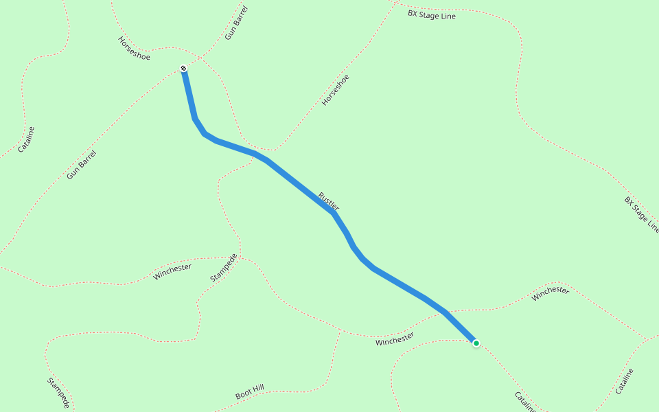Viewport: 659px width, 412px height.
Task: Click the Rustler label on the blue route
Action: [329, 201]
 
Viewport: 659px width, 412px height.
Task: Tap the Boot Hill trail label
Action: [249, 392]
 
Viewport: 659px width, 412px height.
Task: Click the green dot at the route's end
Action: [476, 343]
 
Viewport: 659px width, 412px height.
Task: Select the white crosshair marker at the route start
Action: [183, 68]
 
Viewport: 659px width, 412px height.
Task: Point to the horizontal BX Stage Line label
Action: [432, 14]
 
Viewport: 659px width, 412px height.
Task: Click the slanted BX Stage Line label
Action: [642, 215]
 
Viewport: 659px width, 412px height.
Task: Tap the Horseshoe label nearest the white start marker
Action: [134, 48]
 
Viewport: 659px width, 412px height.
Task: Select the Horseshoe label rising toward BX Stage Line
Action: [336, 90]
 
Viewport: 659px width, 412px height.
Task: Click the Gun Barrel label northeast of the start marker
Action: [236, 23]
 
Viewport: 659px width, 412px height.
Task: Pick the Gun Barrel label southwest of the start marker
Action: [82, 165]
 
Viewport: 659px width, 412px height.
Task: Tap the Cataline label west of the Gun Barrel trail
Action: [26, 139]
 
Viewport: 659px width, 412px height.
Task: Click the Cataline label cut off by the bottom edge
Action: [525, 402]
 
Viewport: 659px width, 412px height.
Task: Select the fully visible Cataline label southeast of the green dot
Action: [624, 381]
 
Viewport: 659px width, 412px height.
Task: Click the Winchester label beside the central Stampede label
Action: [172, 272]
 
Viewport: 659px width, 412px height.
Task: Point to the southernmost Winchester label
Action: [395, 339]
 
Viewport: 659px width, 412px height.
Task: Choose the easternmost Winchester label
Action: [551, 290]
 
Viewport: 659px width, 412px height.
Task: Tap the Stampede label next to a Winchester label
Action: [224, 268]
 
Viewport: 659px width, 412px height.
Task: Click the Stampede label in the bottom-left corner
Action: [58, 393]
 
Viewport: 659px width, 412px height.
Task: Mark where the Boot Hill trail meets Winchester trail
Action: [340, 332]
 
